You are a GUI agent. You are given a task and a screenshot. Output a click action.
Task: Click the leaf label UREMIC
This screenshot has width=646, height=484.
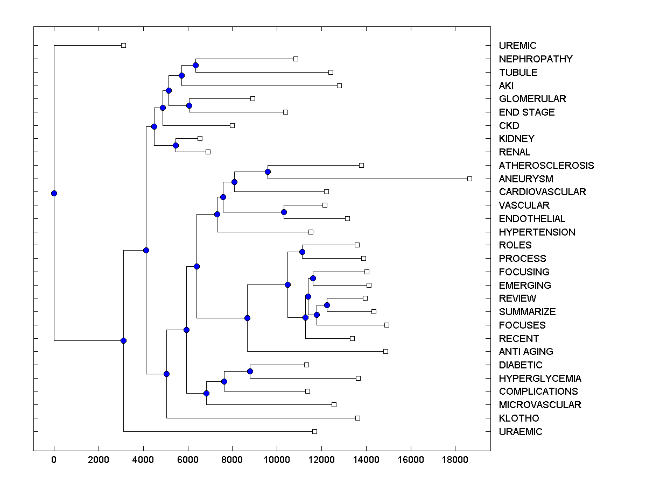click(x=517, y=46)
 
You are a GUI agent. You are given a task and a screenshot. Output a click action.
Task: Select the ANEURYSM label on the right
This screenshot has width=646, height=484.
click(x=526, y=179)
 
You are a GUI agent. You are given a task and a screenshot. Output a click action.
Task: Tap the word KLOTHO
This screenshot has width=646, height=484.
click(x=519, y=418)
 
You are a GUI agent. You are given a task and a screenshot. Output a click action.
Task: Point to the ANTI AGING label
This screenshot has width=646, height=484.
click(x=526, y=352)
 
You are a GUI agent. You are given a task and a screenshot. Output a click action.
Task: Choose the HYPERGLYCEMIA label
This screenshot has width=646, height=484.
click(x=540, y=378)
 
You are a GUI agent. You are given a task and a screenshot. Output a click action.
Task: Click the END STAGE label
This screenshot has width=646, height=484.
click(x=526, y=112)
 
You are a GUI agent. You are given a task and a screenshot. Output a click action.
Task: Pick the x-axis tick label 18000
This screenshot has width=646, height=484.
click(x=455, y=459)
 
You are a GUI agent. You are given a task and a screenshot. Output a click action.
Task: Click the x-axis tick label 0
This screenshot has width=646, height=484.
click(x=54, y=459)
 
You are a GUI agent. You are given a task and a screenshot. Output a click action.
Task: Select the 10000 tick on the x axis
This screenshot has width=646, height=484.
click(x=277, y=459)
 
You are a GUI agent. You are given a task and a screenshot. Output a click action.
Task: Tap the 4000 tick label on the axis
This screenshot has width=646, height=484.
click(x=143, y=459)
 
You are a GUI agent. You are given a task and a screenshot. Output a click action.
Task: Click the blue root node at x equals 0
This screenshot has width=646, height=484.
click(x=54, y=193)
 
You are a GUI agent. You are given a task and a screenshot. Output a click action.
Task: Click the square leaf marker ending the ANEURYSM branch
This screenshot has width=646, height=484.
click(x=469, y=179)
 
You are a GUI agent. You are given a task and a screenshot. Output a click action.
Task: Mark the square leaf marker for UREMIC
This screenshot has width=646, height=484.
click(x=123, y=46)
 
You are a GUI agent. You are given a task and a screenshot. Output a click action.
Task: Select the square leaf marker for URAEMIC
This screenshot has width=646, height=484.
click(x=315, y=431)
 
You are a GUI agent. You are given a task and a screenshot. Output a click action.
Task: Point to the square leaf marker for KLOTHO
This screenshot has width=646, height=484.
click(x=357, y=418)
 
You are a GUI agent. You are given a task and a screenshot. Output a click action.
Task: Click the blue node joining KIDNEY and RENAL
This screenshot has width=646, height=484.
click(x=175, y=145)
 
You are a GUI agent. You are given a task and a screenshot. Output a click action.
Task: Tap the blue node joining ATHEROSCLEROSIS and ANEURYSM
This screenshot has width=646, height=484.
click(x=268, y=172)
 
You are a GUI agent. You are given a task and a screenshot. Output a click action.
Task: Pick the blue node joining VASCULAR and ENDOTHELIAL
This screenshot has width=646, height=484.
click(x=284, y=212)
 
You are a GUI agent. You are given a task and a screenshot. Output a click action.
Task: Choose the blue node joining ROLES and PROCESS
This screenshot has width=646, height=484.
click(x=302, y=252)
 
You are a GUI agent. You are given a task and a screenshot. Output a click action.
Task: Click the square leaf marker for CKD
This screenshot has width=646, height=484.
click(x=232, y=125)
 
